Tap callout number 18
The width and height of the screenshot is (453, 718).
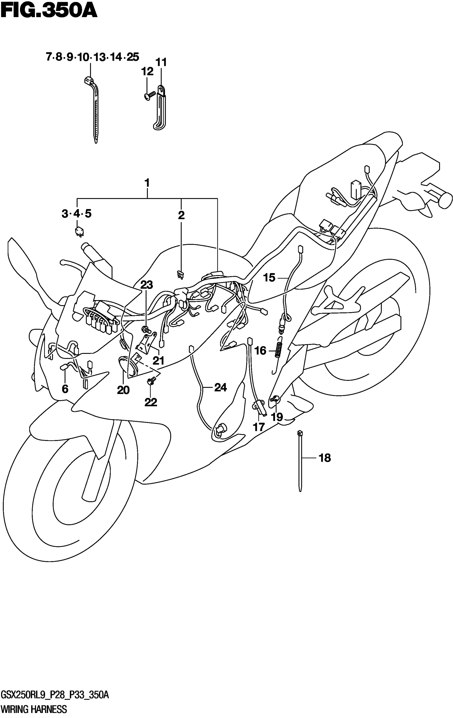click(x=325, y=458)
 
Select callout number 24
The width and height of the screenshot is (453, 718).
click(x=220, y=387)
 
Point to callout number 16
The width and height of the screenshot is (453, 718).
click(x=260, y=351)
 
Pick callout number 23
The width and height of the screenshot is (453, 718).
click(x=147, y=285)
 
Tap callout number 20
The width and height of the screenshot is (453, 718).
click(x=123, y=390)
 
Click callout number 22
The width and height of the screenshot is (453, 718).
click(x=151, y=402)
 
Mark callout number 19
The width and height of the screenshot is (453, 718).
click(x=277, y=417)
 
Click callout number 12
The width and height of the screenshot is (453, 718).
click(x=147, y=72)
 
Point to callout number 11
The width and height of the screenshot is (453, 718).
click(x=161, y=63)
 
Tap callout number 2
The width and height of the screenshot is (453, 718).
click(x=181, y=215)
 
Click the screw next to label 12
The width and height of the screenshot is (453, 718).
click(x=149, y=96)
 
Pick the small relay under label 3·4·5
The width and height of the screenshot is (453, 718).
click(x=79, y=231)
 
